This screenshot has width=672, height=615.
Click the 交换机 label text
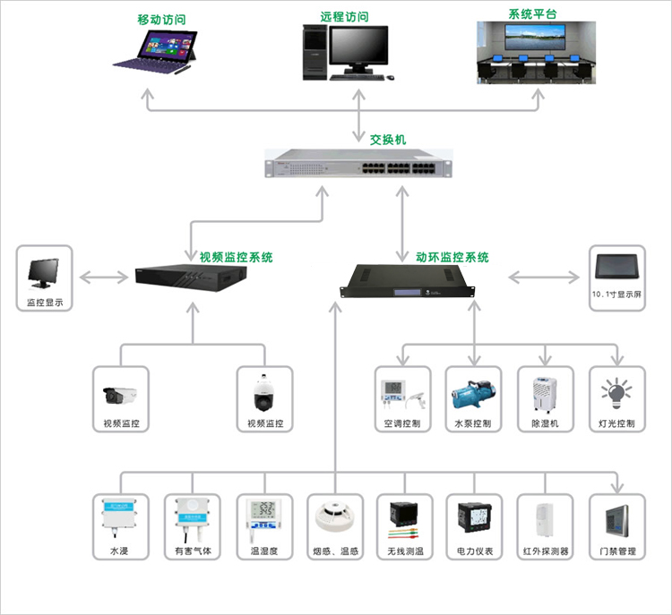388,140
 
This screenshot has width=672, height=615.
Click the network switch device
358,167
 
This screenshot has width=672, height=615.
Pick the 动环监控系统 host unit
404,280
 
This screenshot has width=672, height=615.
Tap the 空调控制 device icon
401,392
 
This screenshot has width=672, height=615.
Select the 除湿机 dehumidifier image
545,392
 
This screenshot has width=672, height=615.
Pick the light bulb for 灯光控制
616,391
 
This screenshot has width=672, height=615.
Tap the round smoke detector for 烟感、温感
333,518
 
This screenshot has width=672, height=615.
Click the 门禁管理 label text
616,551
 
